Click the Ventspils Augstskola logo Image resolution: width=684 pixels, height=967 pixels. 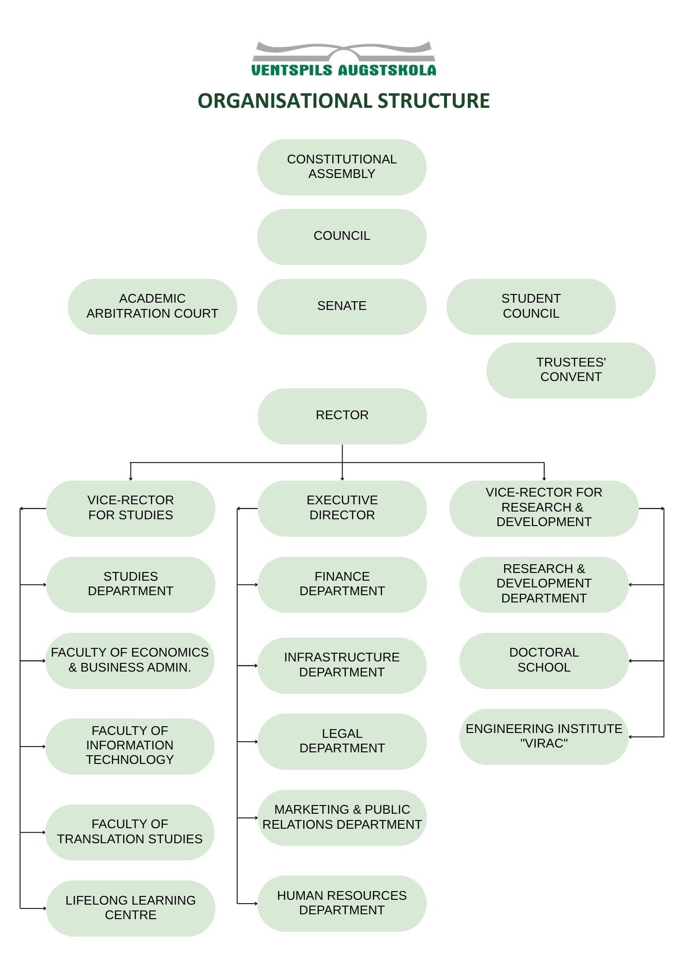click(x=343, y=59)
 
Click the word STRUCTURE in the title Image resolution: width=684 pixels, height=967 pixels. click(x=433, y=101)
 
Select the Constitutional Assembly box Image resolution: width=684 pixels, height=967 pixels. click(x=342, y=167)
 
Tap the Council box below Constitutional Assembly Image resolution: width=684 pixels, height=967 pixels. click(x=342, y=237)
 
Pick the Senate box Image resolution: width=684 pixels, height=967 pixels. click(x=342, y=307)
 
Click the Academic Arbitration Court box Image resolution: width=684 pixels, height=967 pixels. click(x=152, y=307)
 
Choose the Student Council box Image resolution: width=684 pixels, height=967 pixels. click(x=531, y=307)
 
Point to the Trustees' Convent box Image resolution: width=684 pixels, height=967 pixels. click(x=571, y=370)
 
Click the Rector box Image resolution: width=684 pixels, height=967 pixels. click(x=342, y=416)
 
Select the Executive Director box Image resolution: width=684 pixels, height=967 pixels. click(x=342, y=508)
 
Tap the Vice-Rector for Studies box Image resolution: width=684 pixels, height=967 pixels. click(x=131, y=508)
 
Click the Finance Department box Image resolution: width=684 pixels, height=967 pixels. click(x=342, y=585)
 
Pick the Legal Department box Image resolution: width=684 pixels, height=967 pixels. click(x=342, y=741)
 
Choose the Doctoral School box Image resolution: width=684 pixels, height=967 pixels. click(x=544, y=660)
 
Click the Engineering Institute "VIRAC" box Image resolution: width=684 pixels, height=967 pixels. click(x=544, y=737)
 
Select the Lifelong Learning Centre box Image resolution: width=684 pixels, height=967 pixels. click(x=131, y=908)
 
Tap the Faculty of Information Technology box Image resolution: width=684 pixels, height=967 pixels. click(x=130, y=746)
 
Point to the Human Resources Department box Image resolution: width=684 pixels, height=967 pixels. click(x=342, y=903)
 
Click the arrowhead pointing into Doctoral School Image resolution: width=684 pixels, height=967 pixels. click(x=630, y=660)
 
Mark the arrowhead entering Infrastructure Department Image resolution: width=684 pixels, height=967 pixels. click(x=255, y=665)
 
